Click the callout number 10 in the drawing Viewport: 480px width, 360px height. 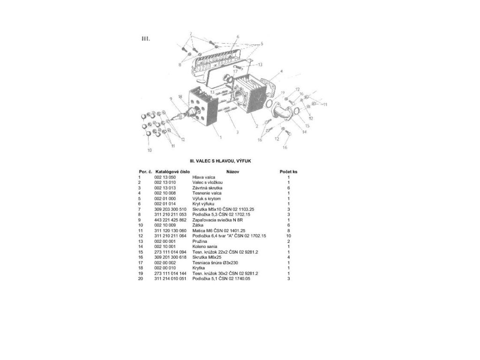[150, 150]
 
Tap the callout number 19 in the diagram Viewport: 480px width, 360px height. [283, 92]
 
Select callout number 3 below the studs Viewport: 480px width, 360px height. [237, 132]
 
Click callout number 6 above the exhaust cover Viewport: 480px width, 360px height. [238, 36]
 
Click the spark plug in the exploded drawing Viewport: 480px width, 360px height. [183, 114]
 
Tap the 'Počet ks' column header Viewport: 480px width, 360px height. [288, 172]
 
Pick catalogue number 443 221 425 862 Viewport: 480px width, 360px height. [171, 219]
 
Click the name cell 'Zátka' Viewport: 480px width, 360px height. [198, 225]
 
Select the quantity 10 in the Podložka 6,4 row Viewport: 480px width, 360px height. [288, 235]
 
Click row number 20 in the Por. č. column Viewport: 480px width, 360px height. [140, 278]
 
